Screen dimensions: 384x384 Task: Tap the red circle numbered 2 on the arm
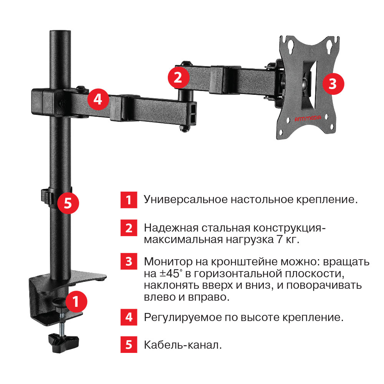click(x=178, y=78)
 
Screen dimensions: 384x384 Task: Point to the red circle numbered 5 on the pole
click(x=68, y=203)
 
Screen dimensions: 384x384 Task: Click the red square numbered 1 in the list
click(x=129, y=200)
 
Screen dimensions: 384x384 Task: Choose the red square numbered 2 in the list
click(x=129, y=228)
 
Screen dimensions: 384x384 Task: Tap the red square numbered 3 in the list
click(x=129, y=262)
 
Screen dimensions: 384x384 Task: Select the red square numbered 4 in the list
click(x=129, y=317)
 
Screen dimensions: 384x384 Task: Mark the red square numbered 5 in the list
click(x=129, y=344)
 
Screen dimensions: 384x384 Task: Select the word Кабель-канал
click(x=183, y=344)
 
